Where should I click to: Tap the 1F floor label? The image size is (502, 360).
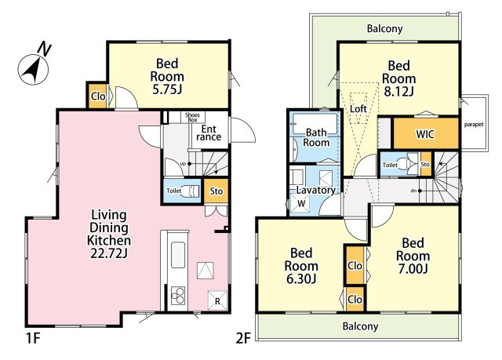(x=32, y=338)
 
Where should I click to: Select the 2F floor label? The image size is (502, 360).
(x=242, y=338)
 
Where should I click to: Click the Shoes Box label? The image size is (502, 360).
(x=192, y=117)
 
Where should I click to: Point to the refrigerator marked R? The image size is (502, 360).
(x=217, y=300)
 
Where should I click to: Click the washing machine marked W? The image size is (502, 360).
(x=300, y=203)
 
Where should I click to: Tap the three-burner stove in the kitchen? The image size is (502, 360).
(x=178, y=296)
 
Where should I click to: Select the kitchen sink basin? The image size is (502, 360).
(x=178, y=255)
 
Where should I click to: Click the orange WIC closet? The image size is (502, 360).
(x=426, y=133)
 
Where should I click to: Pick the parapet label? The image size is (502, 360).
(x=474, y=125)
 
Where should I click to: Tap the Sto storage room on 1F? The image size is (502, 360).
(x=216, y=191)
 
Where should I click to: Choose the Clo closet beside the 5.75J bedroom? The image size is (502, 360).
(x=97, y=96)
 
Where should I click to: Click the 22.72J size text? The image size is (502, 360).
(x=109, y=253)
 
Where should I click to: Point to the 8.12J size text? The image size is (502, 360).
(x=398, y=92)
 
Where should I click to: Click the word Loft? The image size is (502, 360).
(x=358, y=109)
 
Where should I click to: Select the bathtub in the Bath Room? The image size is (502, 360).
(x=315, y=123)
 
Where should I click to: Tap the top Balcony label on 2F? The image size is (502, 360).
(x=384, y=29)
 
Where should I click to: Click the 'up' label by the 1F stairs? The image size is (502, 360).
(x=183, y=164)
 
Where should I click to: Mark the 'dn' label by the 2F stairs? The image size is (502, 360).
(x=413, y=191)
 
